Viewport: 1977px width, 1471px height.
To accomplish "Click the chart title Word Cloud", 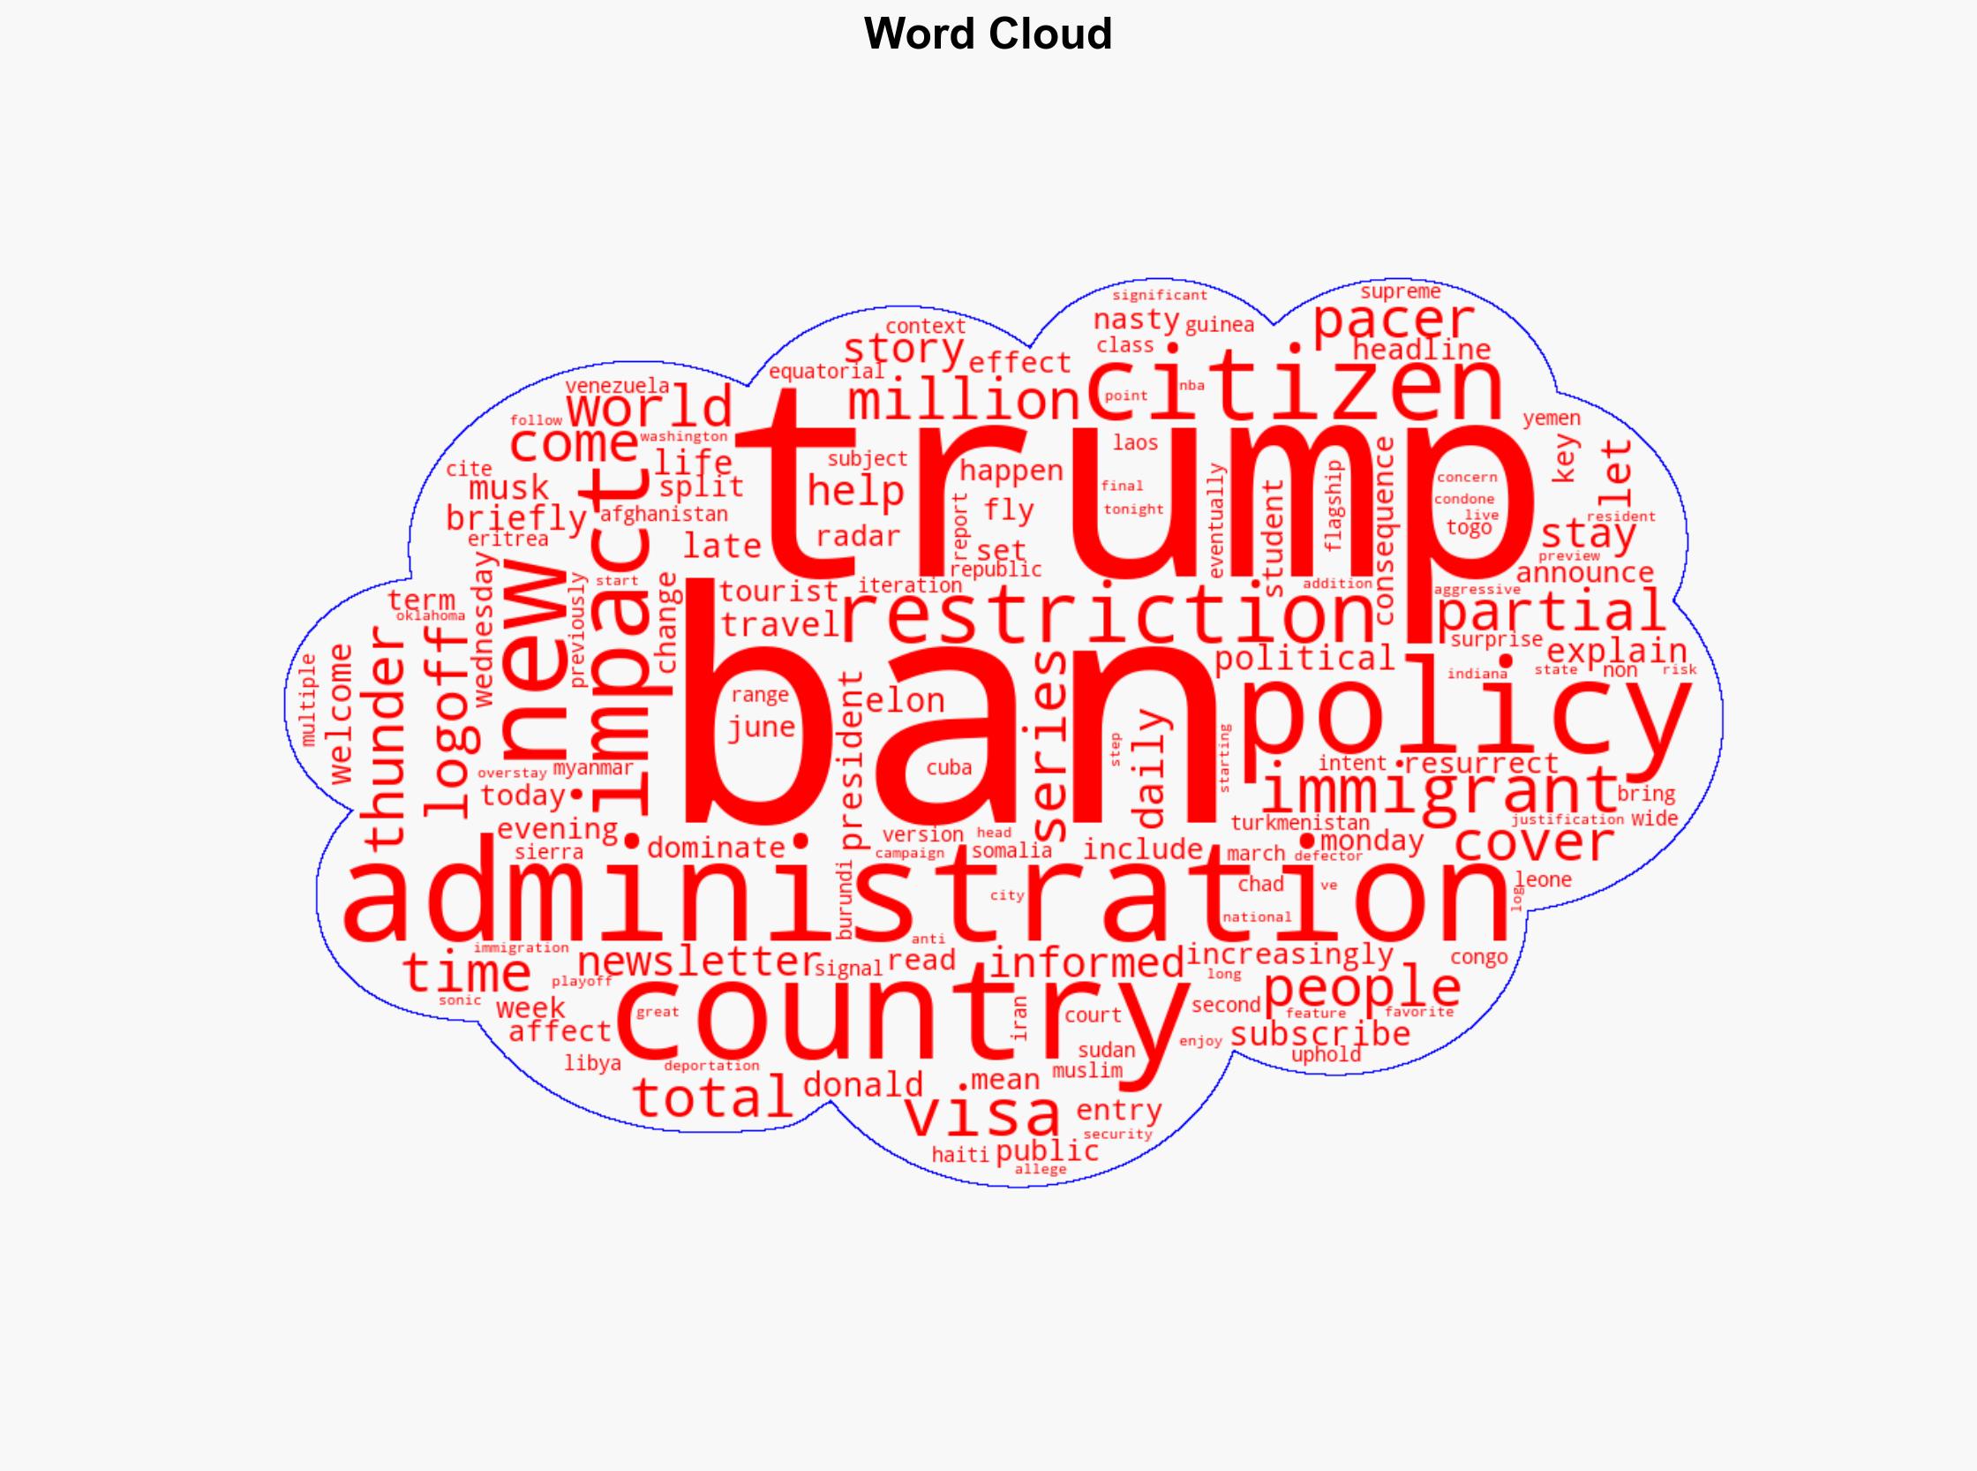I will point(987,34).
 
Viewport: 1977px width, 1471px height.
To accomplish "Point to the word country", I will point(899,1024).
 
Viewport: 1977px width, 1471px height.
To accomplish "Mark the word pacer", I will point(1393,321).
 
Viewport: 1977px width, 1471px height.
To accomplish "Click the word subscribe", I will point(1321,1035).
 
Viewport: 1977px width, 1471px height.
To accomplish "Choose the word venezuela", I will point(617,387).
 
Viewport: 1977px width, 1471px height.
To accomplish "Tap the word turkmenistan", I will point(1299,824).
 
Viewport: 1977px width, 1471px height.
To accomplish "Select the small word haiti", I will point(960,1155).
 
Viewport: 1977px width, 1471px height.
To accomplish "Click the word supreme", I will point(1400,291).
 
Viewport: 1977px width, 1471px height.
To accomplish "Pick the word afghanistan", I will point(664,515).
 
